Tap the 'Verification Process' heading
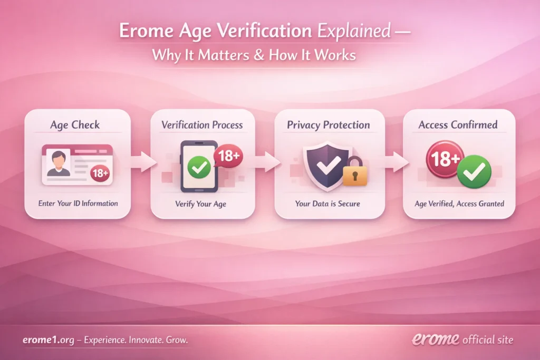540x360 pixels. pos(202,125)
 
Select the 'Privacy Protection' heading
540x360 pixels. pos(328,125)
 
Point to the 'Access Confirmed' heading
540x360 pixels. pos(458,125)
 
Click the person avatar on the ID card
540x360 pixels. pos(59,163)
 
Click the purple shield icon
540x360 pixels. pos(326,165)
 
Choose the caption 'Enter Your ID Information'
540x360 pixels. pos(78,203)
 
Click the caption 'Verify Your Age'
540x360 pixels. pos(200,204)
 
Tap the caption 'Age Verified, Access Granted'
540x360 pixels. pos(459,203)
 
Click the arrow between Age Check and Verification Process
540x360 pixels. pos(141,161)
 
